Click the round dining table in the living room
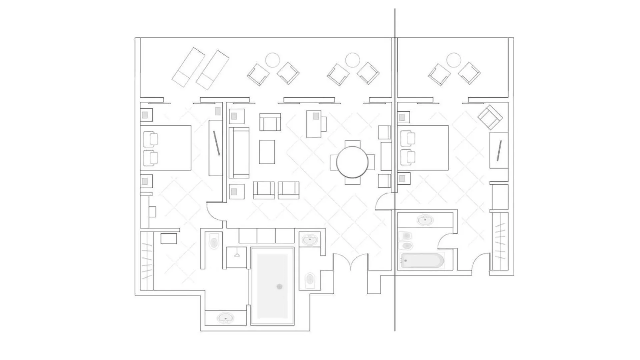(352, 162)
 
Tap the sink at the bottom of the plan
(225, 318)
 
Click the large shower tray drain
(279, 287)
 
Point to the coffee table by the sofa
(267, 152)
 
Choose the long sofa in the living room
(239, 153)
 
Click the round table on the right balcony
(454, 60)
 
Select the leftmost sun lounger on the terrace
(188, 67)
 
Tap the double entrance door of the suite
(351, 262)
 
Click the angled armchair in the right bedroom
(490, 117)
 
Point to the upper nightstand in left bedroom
(146, 115)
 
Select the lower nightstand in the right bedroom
(404, 178)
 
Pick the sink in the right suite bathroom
(425, 220)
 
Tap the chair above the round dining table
(353, 144)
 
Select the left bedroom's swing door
(214, 211)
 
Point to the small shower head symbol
(237, 255)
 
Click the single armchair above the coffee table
(270, 122)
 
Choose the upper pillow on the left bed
(150, 139)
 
